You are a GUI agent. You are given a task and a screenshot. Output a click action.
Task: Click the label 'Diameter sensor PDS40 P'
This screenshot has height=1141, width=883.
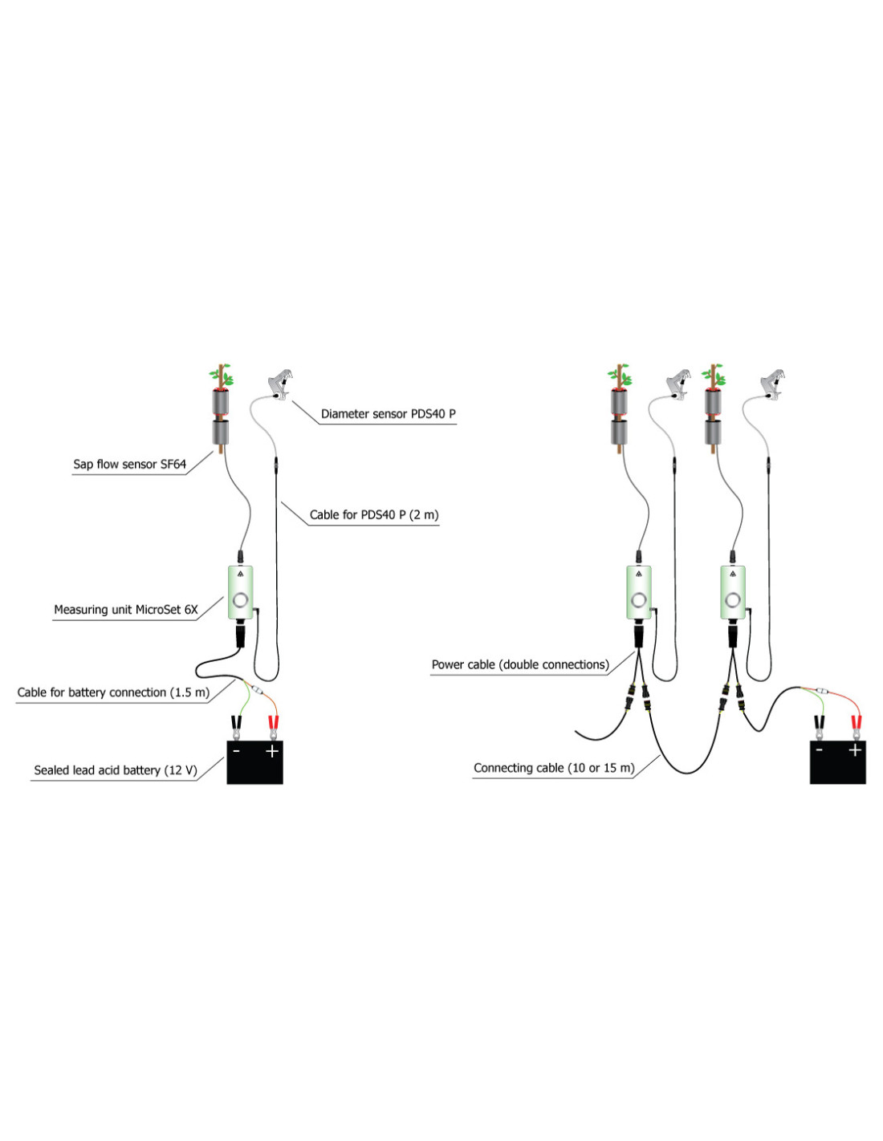388,414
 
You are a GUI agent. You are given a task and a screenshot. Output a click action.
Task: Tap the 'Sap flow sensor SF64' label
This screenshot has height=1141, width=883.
129,464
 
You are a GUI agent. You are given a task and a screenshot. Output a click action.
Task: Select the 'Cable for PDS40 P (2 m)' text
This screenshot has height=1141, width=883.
374,514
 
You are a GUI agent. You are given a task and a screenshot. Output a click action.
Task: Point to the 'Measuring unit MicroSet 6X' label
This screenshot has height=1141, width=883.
125,610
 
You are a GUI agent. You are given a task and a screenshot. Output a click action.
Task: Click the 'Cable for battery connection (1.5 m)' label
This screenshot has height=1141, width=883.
113,692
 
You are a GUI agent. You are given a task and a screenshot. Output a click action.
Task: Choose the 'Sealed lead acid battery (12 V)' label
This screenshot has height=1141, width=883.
116,770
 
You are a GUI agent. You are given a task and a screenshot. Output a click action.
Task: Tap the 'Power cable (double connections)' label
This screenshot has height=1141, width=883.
520,664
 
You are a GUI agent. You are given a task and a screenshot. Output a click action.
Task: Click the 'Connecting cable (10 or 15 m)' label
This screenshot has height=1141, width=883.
554,768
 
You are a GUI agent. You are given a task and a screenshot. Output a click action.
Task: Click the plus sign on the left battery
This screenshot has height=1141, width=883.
271,751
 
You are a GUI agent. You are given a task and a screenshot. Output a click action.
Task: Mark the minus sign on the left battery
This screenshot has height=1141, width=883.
237,751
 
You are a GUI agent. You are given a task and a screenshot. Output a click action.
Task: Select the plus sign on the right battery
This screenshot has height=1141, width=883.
855,749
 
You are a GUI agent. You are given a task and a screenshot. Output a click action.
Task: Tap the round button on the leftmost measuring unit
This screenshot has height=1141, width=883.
241,600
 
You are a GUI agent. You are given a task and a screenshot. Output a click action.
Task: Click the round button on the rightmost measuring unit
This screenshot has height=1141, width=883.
732,599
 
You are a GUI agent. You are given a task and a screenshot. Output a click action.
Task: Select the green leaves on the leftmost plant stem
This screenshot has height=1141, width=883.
221,375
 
